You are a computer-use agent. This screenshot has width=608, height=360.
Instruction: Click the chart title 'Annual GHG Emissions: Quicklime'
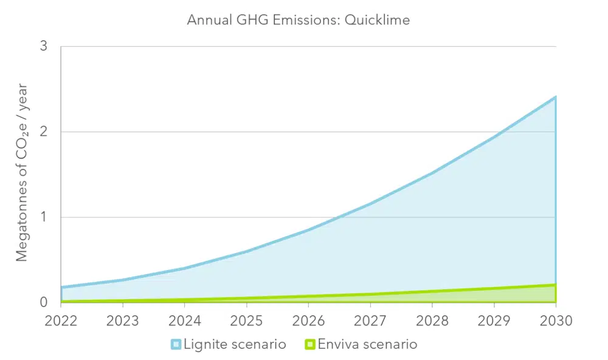(x=298, y=20)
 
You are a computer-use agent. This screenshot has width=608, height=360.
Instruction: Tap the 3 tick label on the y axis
(x=44, y=47)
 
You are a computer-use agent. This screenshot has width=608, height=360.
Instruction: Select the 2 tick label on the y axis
(x=44, y=132)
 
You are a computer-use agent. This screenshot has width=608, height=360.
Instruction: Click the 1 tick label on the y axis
(x=44, y=217)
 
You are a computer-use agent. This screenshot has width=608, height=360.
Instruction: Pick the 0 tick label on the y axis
(x=44, y=302)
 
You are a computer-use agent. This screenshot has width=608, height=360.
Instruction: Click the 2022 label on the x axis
(x=61, y=320)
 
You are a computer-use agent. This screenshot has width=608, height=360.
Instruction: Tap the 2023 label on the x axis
(x=123, y=320)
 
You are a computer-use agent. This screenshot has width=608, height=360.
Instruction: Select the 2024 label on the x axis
(x=185, y=320)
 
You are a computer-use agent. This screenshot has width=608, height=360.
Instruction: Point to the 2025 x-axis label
(x=246, y=320)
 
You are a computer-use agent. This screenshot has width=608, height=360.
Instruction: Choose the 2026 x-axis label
(x=308, y=320)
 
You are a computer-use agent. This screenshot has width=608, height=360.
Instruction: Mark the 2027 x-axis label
(x=370, y=320)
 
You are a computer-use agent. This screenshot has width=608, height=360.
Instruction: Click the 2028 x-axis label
(x=432, y=320)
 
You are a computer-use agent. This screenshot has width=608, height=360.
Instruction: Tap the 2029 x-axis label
(x=493, y=320)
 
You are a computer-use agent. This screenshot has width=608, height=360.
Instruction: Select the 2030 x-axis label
(x=554, y=320)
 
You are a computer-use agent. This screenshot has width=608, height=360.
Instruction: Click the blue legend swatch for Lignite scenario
(x=176, y=345)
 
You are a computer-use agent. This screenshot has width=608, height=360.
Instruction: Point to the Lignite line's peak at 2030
(x=554, y=97)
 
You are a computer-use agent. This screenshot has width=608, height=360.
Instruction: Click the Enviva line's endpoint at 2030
(x=554, y=285)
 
